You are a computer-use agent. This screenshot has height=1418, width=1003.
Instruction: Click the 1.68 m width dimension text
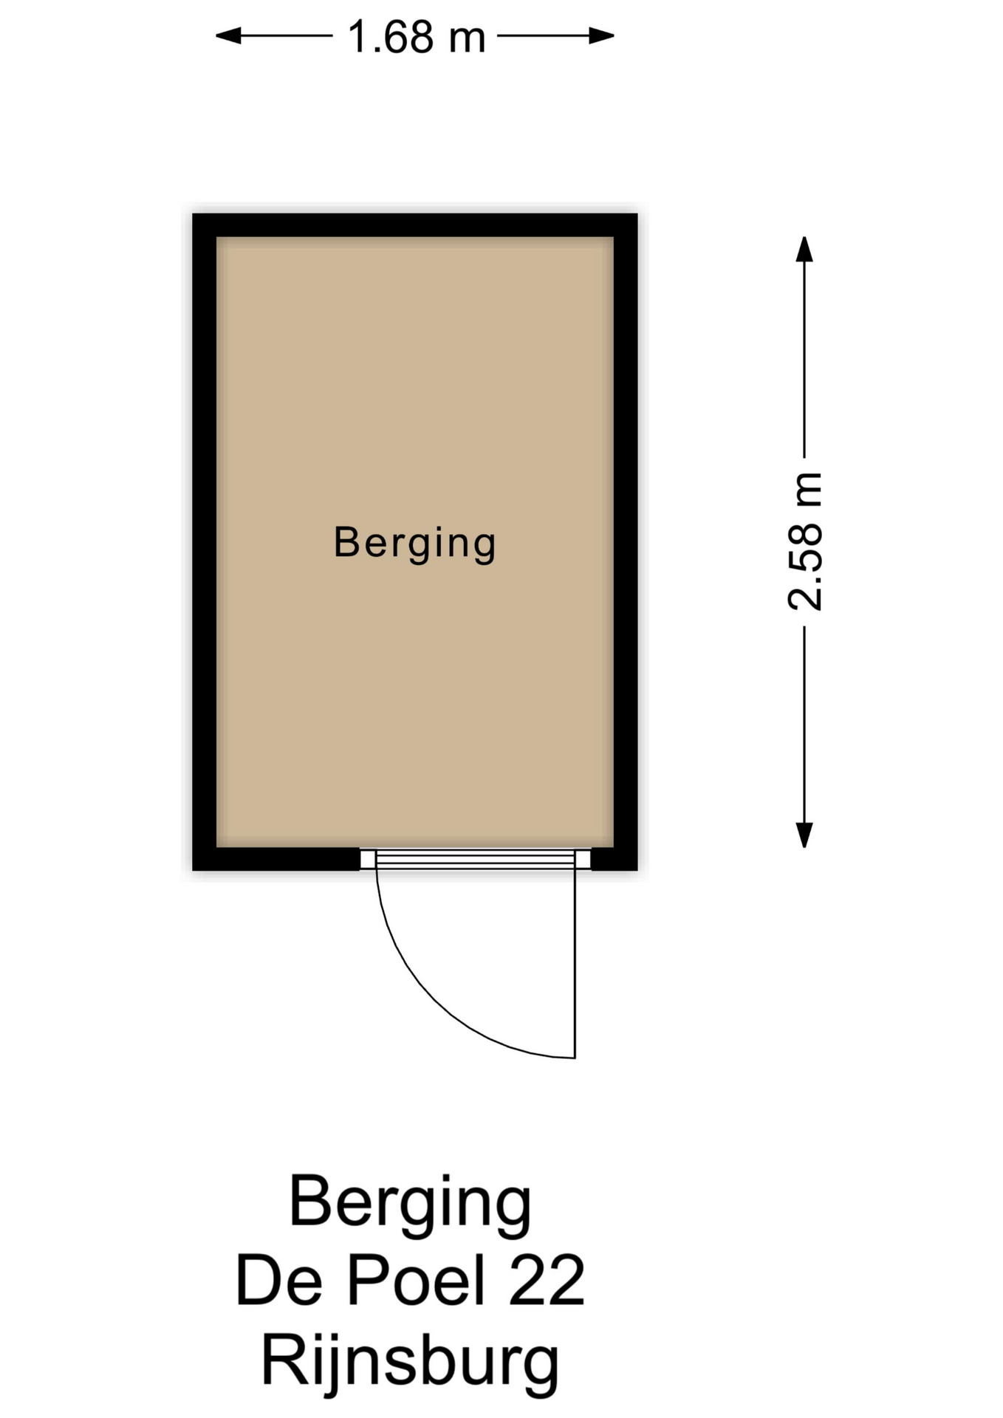417,37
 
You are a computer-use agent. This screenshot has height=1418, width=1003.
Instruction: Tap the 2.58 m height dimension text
805,541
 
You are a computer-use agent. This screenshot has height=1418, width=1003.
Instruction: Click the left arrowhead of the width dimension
228,35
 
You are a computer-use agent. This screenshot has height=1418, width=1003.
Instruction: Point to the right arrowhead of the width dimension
601,35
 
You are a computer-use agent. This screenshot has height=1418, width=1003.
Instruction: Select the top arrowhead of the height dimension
804,249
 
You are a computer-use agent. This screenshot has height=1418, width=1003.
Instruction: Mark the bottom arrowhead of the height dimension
804,835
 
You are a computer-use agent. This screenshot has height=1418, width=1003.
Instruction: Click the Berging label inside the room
414,544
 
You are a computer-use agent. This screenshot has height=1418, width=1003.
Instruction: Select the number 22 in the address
547,1280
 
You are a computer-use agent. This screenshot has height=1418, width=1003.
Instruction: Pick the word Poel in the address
415,1280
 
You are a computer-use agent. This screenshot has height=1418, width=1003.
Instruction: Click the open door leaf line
575,964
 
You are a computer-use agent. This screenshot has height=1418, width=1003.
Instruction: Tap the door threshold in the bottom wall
476,859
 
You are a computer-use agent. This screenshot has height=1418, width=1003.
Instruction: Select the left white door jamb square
368,859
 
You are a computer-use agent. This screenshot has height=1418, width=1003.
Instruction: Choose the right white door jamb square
583,859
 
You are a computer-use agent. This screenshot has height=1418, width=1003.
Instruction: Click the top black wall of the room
415,225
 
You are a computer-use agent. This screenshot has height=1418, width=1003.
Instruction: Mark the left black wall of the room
205,542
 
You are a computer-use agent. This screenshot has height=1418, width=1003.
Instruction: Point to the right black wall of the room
626,542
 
